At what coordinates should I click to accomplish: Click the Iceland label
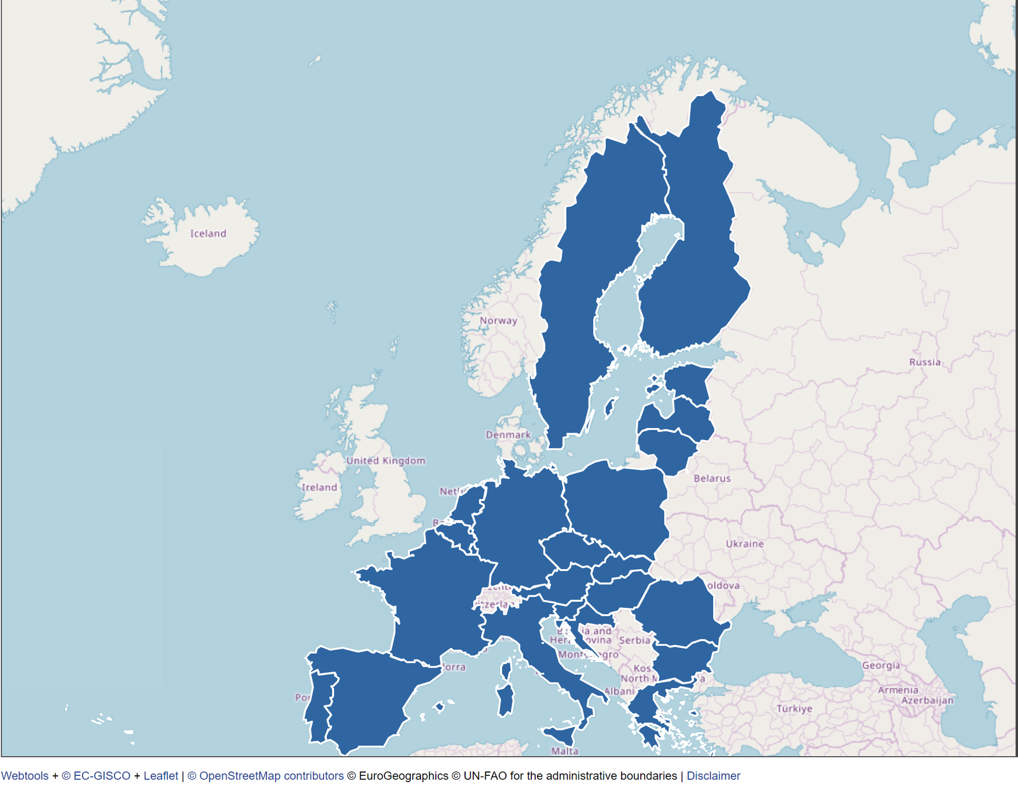pyautogui.click(x=208, y=233)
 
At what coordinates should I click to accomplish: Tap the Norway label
pyautogui.click(x=498, y=321)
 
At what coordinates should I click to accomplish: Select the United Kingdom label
pyautogui.click(x=386, y=460)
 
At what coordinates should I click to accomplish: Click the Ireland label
pyautogui.click(x=319, y=487)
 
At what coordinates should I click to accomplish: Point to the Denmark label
pyautogui.click(x=508, y=435)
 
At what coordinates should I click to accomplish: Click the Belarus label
pyautogui.click(x=712, y=478)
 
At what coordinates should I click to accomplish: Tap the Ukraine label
pyautogui.click(x=744, y=544)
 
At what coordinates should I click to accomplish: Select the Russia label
pyautogui.click(x=924, y=362)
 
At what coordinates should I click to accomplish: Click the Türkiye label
pyautogui.click(x=794, y=708)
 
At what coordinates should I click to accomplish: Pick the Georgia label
pyautogui.click(x=881, y=665)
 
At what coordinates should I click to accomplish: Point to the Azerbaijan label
pyautogui.click(x=927, y=700)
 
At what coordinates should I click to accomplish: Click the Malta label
pyautogui.click(x=564, y=751)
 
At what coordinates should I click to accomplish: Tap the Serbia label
pyautogui.click(x=634, y=640)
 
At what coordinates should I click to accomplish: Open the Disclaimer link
pyautogui.click(x=713, y=776)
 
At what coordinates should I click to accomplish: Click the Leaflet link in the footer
pyautogui.click(x=161, y=776)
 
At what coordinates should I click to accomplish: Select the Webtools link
pyautogui.click(x=25, y=776)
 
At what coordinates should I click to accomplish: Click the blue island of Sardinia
pyautogui.click(x=506, y=700)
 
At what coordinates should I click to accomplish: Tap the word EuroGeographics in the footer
pyautogui.click(x=403, y=776)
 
